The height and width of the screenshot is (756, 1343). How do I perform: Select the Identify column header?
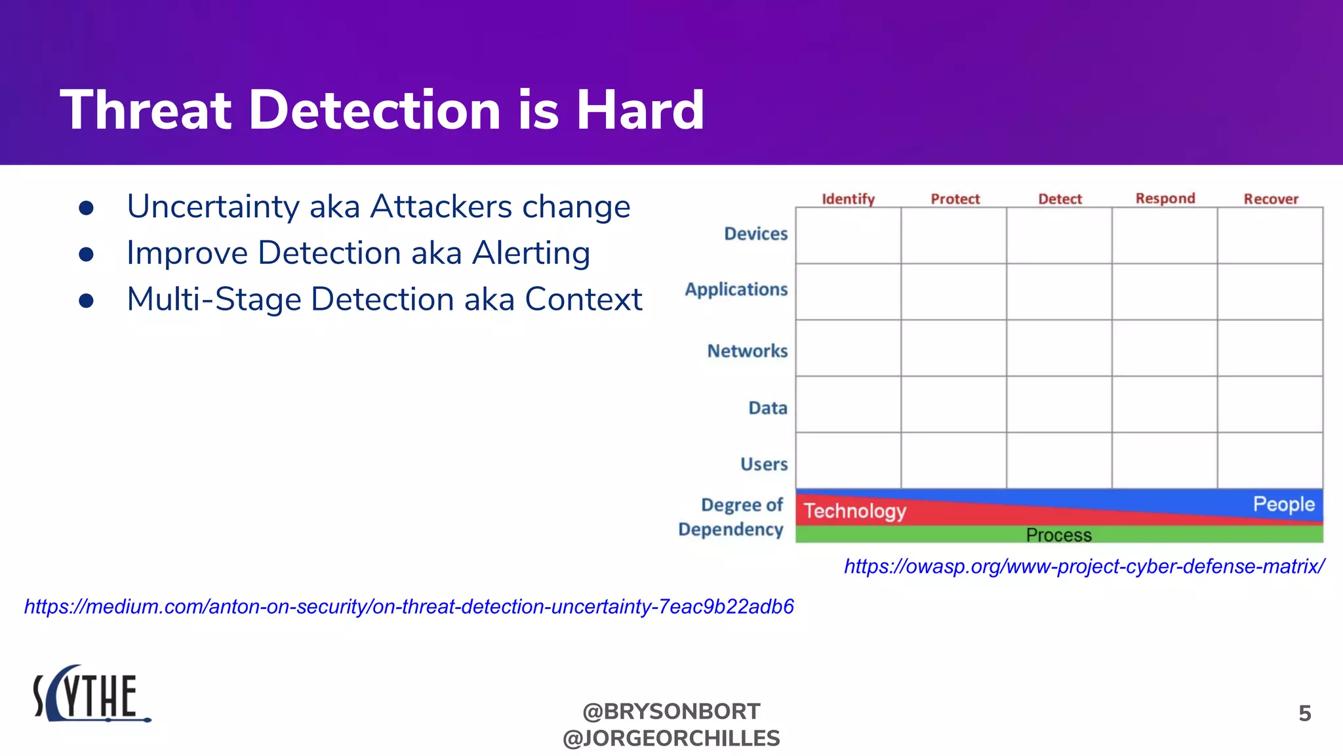click(x=848, y=199)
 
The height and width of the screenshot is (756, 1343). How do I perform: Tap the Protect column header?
click(x=955, y=199)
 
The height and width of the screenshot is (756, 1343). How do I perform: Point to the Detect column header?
click(x=1060, y=199)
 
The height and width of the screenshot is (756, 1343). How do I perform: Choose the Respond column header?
click(x=1165, y=198)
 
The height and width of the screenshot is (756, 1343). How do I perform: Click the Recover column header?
click(x=1271, y=199)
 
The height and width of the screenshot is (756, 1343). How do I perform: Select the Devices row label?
click(x=755, y=234)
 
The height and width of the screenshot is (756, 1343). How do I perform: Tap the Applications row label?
click(x=736, y=289)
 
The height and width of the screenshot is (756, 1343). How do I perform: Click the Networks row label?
click(x=747, y=351)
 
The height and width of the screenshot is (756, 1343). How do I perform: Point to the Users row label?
click(x=764, y=464)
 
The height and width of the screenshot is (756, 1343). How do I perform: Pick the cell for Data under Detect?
click(x=1059, y=404)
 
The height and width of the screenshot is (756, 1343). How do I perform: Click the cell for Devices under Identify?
click(x=848, y=236)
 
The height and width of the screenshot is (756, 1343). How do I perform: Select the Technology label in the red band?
click(x=854, y=511)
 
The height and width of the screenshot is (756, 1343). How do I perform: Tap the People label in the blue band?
click(x=1283, y=504)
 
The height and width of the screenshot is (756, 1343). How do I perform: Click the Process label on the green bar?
click(x=1058, y=535)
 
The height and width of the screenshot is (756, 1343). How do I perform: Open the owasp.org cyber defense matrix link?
click(x=1084, y=566)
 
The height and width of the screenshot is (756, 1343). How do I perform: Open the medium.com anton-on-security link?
click(x=409, y=606)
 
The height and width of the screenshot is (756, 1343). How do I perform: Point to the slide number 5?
click(x=1304, y=713)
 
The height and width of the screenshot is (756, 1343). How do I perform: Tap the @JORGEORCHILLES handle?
click(x=671, y=738)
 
